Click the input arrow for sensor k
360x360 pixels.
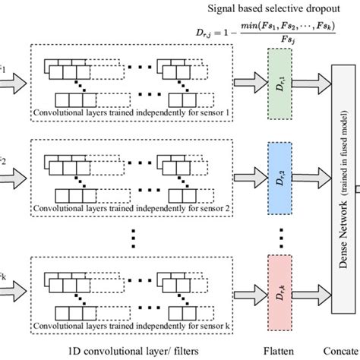tap(12, 286)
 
